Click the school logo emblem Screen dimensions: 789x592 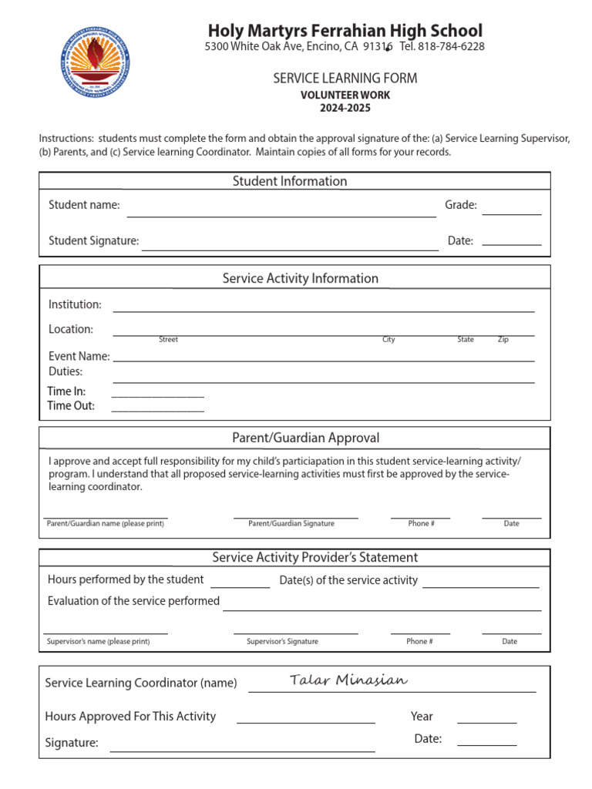click(x=95, y=61)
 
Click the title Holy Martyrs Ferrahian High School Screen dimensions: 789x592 click(x=345, y=31)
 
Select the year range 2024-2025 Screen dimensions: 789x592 click(x=345, y=108)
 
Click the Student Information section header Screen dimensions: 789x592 click(x=290, y=181)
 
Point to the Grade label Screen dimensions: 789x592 click(x=461, y=205)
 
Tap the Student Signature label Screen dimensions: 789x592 click(x=93, y=240)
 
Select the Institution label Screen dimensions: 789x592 click(x=75, y=304)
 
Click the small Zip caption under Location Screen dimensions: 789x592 click(x=503, y=340)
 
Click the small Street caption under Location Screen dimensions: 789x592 click(x=168, y=340)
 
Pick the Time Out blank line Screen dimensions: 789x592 click(x=158, y=411)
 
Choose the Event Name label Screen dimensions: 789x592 click(x=79, y=357)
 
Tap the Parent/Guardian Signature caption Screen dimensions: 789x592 click(x=291, y=524)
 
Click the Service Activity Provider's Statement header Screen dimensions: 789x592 click(x=314, y=557)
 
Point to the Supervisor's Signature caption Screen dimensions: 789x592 click(x=282, y=642)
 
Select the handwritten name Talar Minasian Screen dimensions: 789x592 click(x=348, y=680)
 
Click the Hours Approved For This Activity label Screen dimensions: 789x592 click(x=130, y=717)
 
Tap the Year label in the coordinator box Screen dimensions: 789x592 click(x=422, y=717)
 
